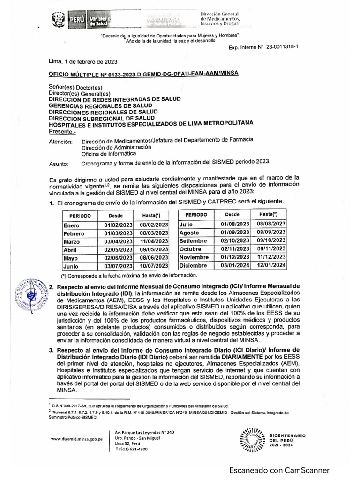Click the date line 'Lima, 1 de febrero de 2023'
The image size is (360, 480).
click(x=83, y=62)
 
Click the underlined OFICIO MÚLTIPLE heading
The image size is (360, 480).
click(x=143, y=74)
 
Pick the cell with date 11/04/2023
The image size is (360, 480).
click(x=154, y=241)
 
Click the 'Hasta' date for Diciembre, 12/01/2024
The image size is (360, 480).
click(x=271, y=265)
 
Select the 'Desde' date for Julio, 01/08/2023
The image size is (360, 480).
click(x=234, y=225)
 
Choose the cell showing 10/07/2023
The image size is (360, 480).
click(x=154, y=266)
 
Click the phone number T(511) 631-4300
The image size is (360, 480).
click(x=131, y=449)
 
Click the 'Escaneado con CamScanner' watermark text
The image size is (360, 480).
click(x=279, y=470)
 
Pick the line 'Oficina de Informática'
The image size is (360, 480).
click(x=109, y=153)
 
